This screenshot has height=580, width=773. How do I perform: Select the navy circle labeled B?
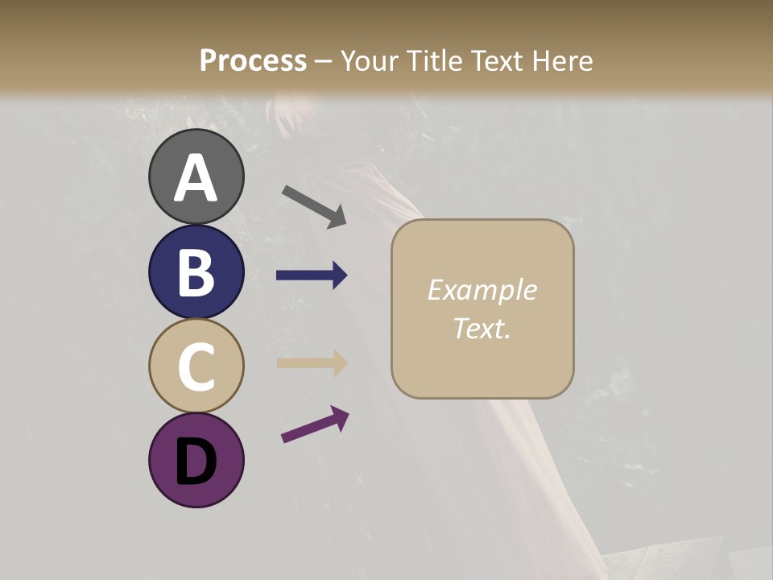coord(196,272)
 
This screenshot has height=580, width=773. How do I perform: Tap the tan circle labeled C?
coord(196,366)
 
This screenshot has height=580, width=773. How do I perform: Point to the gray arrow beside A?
coord(314,206)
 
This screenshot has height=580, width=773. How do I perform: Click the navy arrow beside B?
coord(312,275)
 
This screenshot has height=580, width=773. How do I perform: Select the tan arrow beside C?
coord(312,362)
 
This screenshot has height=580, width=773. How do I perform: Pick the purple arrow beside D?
coord(315,425)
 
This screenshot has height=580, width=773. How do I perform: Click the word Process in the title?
coord(253,61)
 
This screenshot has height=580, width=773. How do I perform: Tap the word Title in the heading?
coord(434,61)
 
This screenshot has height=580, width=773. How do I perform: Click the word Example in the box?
coord(482,290)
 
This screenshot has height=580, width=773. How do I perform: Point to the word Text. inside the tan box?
coord(482,328)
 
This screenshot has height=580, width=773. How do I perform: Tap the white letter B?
coord(196,272)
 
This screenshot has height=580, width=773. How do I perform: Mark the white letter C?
coord(196,366)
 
